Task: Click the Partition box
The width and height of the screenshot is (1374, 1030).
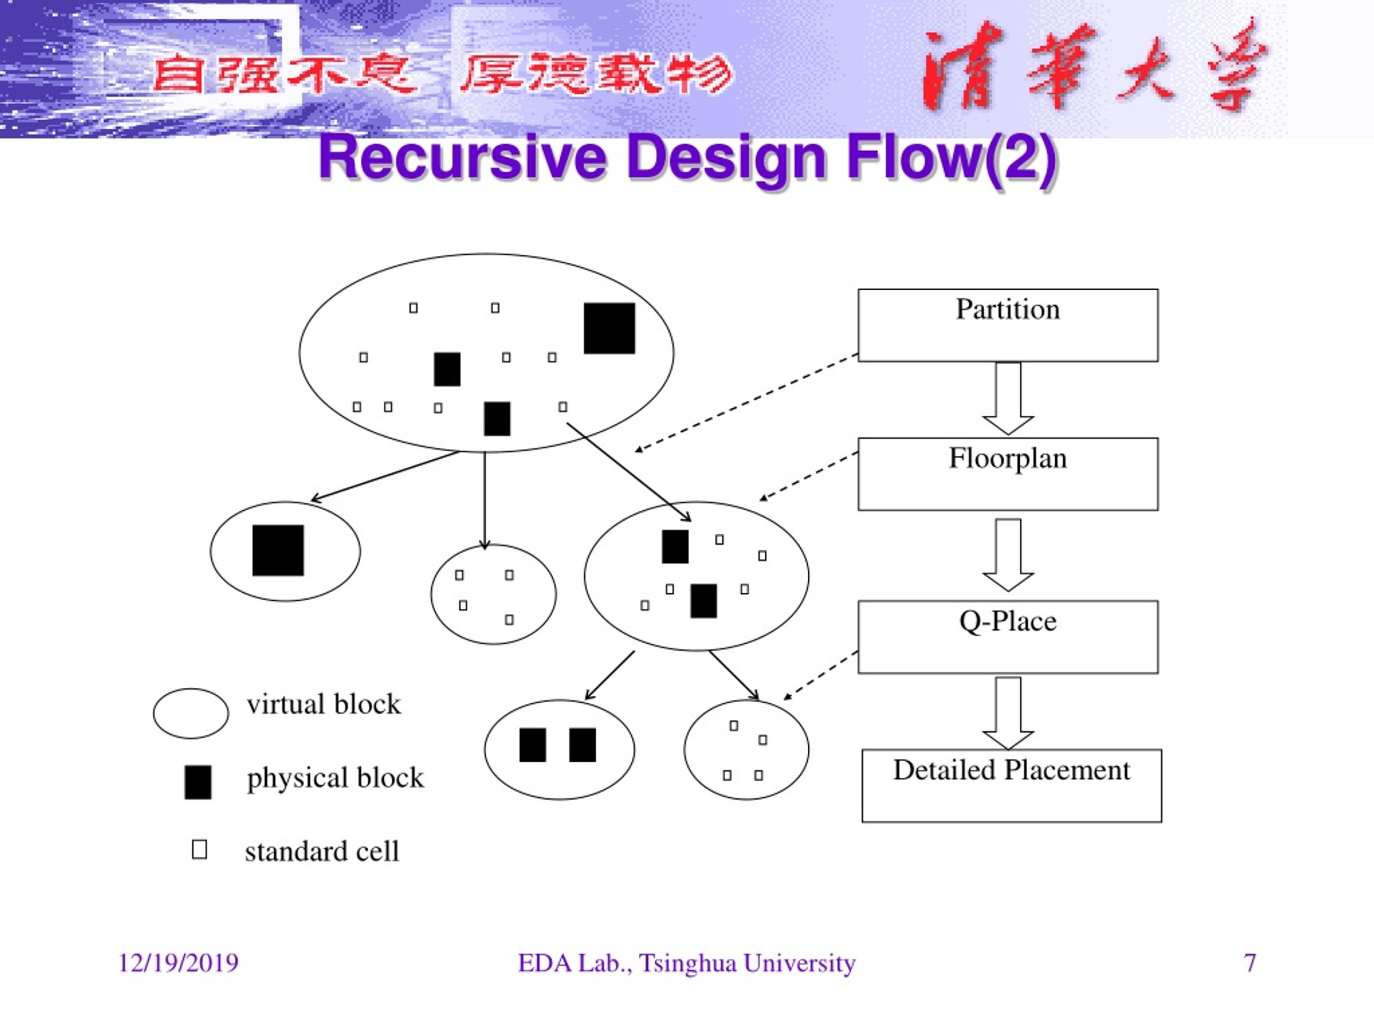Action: [1007, 325]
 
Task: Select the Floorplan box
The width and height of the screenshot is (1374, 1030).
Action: [1007, 474]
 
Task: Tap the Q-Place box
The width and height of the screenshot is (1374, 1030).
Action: [1007, 637]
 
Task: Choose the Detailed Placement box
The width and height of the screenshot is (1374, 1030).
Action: [1011, 786]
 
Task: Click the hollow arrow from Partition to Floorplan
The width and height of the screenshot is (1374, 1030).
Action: [1008, 399]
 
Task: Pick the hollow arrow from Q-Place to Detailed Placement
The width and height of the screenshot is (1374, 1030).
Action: [1008, 713]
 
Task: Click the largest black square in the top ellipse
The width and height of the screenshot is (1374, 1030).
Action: [609, 328]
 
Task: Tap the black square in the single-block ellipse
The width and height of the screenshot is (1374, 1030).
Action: [278, 551]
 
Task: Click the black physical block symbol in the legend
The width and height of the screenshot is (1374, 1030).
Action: [198, 782]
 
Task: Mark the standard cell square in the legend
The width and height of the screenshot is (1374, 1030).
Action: [200, 849]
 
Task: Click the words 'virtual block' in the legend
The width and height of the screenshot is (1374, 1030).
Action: [324, 704]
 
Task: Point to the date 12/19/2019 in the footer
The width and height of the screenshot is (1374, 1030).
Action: [178, 963]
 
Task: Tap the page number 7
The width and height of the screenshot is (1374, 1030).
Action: [1250, 963]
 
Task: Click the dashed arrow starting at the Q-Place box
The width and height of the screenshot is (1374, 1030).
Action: [821, 675]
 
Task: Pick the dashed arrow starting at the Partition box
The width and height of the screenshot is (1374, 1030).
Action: [746, 403]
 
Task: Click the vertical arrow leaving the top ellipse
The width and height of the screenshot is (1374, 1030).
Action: [485, 501]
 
